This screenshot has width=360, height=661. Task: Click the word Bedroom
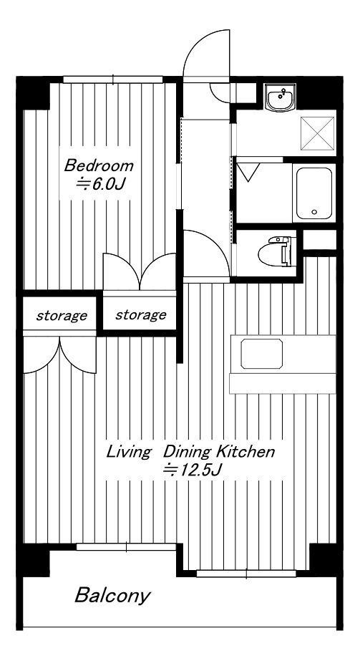pos(99,165)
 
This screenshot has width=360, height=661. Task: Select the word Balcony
pos(112,596)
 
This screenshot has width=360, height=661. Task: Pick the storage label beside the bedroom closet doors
pos(140,315)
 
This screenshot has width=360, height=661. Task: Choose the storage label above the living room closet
pos(62,316)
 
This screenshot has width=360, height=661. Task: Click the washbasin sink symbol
pos(281,97)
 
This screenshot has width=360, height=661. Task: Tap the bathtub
pos(314,193)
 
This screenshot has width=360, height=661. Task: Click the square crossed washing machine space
pos(317,133)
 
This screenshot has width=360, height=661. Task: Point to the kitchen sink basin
pos(261,353)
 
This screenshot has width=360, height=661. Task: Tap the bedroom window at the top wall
pos(113,79)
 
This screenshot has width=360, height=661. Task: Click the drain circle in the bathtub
pos(313,212)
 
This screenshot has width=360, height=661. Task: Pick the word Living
pos(128,453)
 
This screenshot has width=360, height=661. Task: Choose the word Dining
pos(188,453)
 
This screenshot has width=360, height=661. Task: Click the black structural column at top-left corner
pos(33,93)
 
